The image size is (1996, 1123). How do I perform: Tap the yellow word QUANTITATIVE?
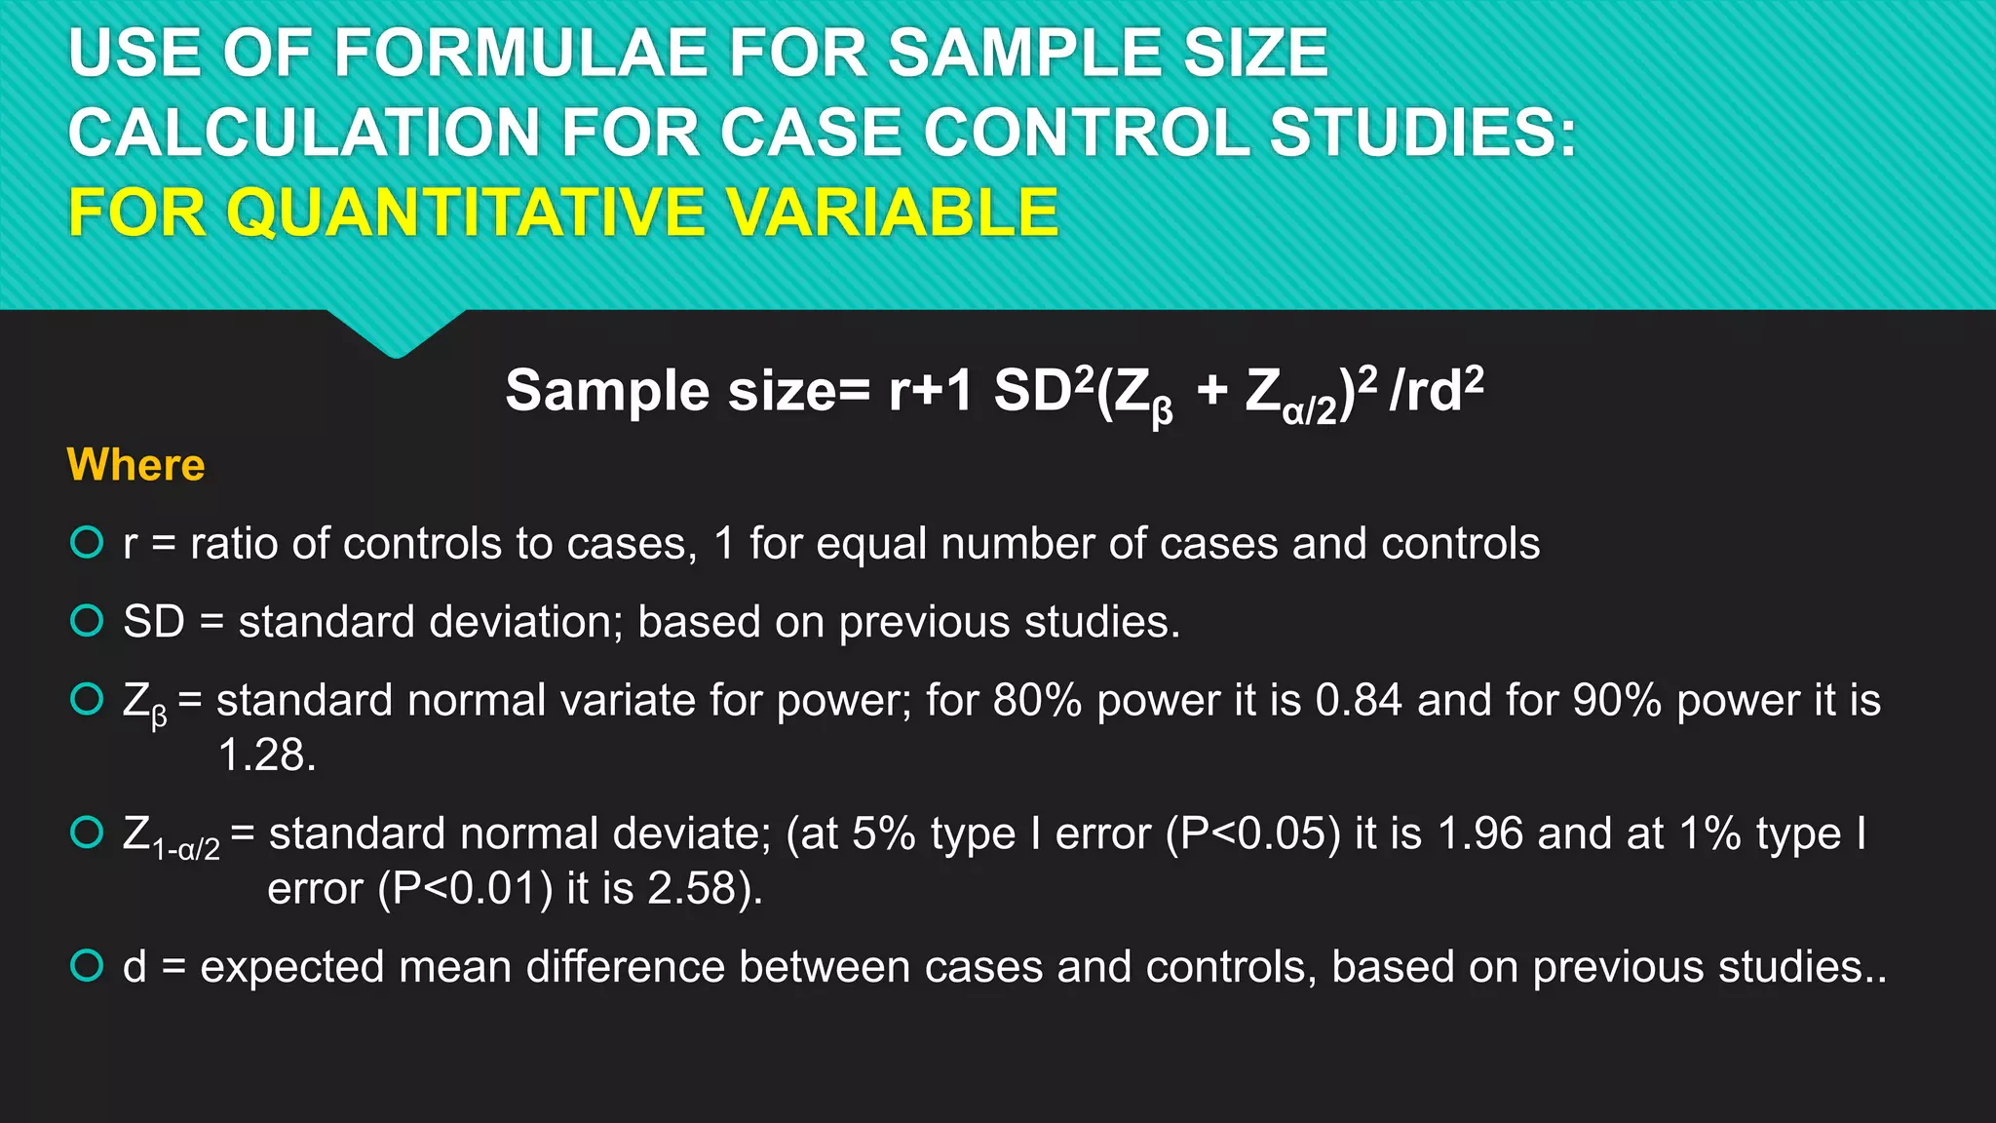pos(465,213)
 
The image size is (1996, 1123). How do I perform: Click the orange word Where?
pos(135,465)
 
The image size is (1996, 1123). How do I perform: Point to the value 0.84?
pos(1359,700)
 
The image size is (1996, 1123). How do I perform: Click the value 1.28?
pos(266,755)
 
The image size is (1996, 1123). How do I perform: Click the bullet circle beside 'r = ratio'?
pos(87,542)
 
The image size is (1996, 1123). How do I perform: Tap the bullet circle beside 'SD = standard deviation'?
pos(87,620)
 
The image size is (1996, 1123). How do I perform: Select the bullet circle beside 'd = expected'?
pos(87,965)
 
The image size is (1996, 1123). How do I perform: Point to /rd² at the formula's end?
pos(1437,390)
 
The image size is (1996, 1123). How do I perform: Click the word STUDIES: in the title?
pos(1423,133)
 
